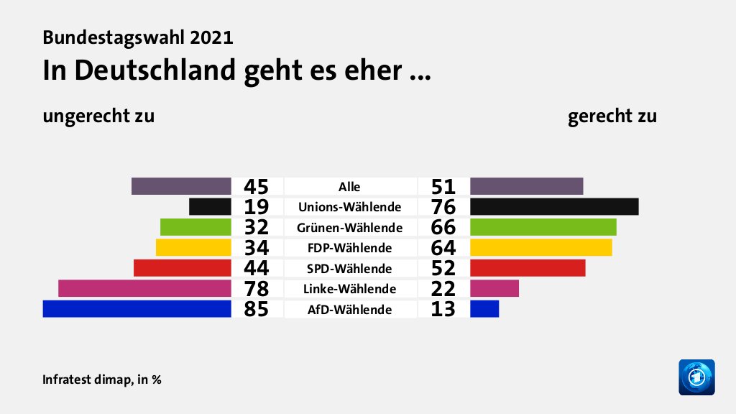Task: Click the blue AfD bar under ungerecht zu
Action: [137, 309]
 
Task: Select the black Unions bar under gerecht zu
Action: [554, 206]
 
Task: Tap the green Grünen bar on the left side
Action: [195, 227]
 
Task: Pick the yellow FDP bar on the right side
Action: [540, 247]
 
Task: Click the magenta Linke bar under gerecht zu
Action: [494, 288]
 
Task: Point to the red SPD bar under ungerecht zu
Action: [183, 268]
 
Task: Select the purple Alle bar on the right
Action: [526, 186]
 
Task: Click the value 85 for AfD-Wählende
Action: [256, 310]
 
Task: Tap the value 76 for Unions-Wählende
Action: [443, 207]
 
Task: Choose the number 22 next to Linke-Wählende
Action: [443, 289]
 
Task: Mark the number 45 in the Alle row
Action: [256, 187]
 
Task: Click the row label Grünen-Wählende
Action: [350, 228]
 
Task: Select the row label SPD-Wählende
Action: [350, 269]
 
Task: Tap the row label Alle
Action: [350, 187]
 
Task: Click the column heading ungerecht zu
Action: [98, 116]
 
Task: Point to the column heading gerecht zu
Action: [612, 116]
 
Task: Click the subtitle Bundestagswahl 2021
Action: [138, 37]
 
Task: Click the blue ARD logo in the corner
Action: [696, 377]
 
